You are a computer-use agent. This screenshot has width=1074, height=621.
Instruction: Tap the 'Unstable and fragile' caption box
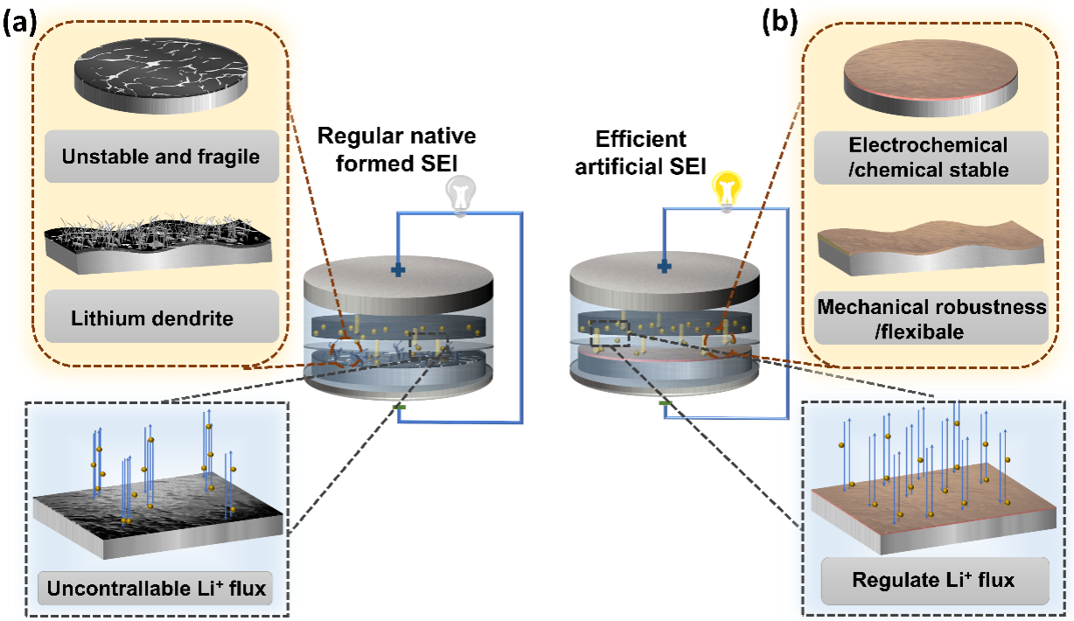click(160, 157)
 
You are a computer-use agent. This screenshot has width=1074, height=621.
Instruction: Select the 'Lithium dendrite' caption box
click(160, 317)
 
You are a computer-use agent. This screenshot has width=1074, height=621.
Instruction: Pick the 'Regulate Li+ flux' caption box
click(932, 578)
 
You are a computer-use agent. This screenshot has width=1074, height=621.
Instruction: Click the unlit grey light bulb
click(462, 195)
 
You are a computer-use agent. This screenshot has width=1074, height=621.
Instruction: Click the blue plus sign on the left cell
click(399, 270)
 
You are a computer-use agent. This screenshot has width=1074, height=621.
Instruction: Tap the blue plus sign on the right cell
click(665, 265)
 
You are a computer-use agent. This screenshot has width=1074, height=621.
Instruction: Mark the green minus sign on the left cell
click(399, 408)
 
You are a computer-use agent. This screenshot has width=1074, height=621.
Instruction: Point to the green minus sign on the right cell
click(666, 403)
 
